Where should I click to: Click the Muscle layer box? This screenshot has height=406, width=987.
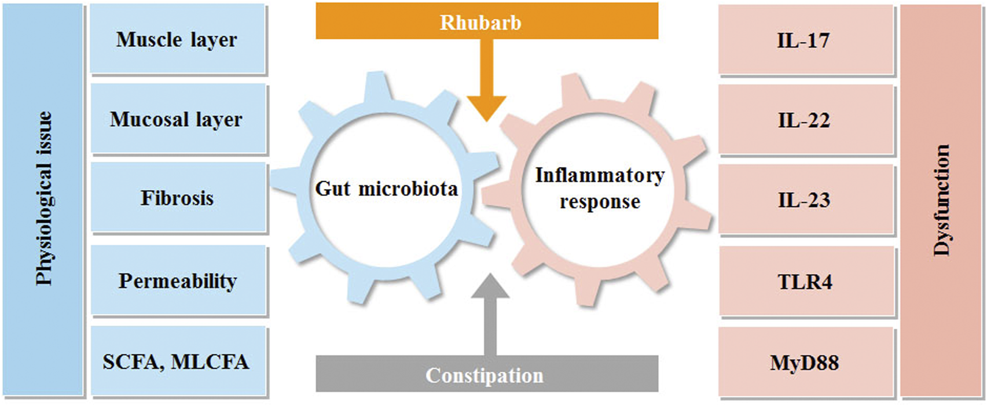[x=177, y=39]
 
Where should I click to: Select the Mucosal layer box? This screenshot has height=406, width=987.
[x=177, y=119]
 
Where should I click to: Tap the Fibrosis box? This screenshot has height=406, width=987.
[x=177, y=198]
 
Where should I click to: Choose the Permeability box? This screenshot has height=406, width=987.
[x=177, y=280]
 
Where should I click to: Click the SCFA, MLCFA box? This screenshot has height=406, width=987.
[x=177, y=361]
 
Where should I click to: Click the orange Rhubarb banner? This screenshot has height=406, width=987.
[x=486, y=21]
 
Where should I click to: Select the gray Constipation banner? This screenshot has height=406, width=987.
[x=486, y=375]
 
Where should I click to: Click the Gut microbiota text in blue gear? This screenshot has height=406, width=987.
[x=386, y=189]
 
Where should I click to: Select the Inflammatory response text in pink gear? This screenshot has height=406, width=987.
[x=599, y=188]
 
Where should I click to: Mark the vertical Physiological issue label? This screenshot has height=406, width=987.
[x=44, y=198]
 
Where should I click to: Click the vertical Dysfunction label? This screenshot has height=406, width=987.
[x=942, y=200]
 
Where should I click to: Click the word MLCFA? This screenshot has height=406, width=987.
[x=210, y=361]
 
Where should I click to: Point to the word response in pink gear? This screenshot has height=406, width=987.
[x=600, y=202]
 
